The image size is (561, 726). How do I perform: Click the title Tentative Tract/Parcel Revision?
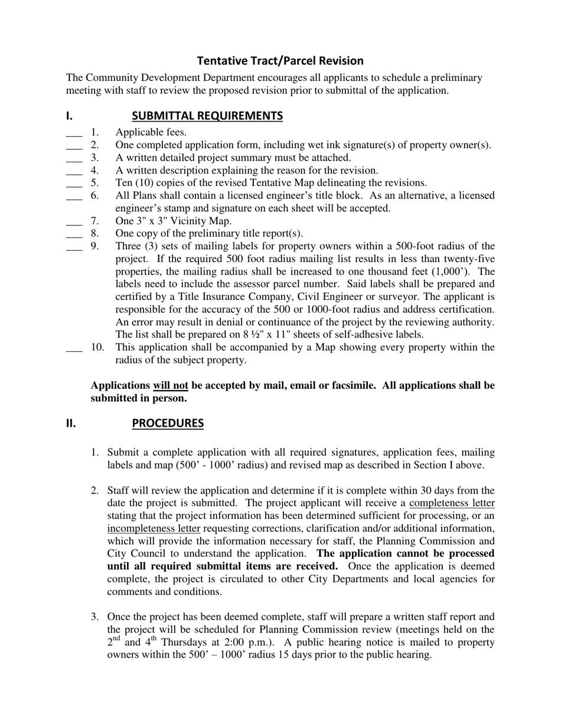[280, 61]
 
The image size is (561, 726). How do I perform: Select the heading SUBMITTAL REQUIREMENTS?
[207, 116]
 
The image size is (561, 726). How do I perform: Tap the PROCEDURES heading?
[167, 423]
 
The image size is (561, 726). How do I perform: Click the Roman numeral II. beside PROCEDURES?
[71, 423]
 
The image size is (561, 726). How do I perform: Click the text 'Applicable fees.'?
[151, 132]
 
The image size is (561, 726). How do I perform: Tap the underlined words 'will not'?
[171, 385]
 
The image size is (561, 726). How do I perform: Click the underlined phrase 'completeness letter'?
[452, 503]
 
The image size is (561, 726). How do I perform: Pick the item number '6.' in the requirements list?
[94, 195]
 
